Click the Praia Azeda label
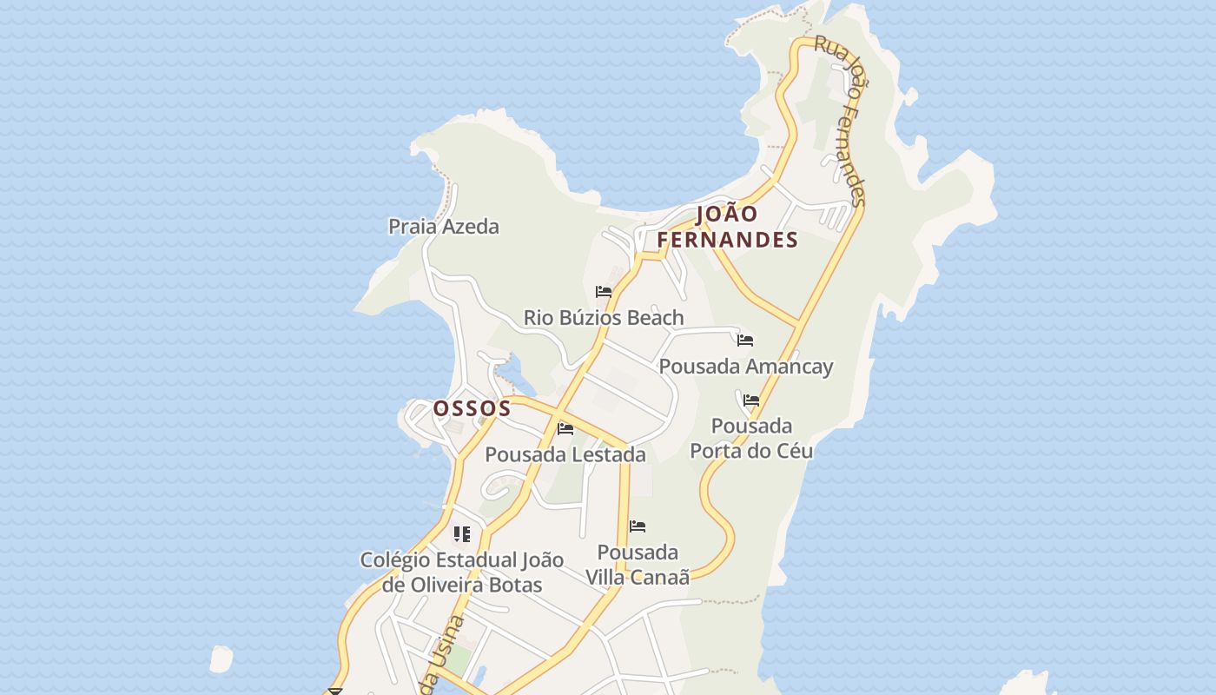(x=443, y=227)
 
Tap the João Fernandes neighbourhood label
(x=727, y=227)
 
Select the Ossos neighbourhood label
(x=472, y=407)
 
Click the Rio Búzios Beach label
(x=604, y=318)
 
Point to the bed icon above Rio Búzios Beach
(x=604, y=292)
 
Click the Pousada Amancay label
(x=746, y=367)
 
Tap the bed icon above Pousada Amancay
(x=745, y=340)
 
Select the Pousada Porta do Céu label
(x=751, y=438)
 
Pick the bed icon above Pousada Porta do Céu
(x=751, y=400)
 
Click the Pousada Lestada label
(x=565, y=454)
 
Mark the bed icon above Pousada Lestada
(x=565, y=428)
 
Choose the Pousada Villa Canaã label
(x=638, y=565)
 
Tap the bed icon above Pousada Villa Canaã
(x=638, y=526)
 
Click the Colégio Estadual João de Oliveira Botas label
(x=462, y=573)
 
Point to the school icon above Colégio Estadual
(x=462, y=533)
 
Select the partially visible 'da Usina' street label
(x=442, y=656)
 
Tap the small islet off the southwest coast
(x=221, y=659)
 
